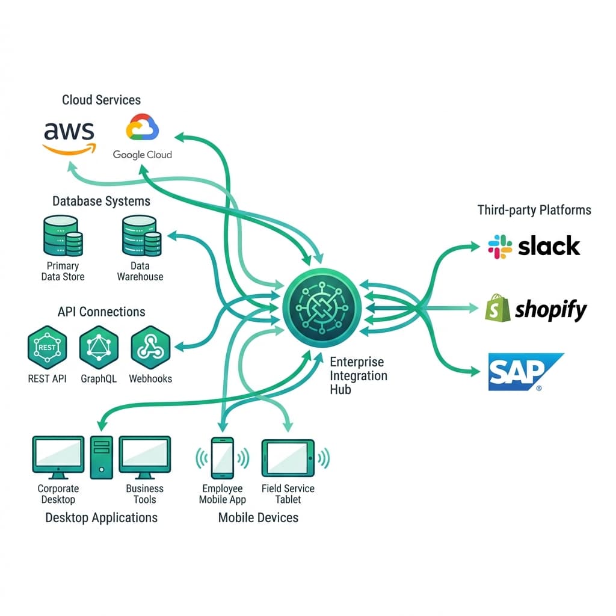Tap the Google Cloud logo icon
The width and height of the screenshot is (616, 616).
(143, 128)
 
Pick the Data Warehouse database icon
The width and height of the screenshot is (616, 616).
(140, 236)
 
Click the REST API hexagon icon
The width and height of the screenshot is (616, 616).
(47, 348)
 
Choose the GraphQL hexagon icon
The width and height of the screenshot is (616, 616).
(99, 348)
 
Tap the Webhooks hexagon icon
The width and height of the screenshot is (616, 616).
(150, 348)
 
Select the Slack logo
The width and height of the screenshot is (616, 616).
(534, 246)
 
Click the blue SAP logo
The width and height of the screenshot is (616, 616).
(525, 372)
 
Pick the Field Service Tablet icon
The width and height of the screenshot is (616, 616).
(288, 458)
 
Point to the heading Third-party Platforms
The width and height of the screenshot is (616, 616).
(534, 210)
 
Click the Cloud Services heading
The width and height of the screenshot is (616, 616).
(101, 100)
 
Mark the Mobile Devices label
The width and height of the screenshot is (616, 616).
(258, 517)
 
